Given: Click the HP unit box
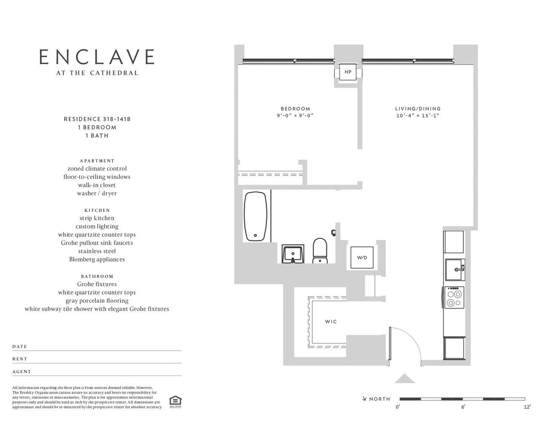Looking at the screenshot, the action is click(348, 72).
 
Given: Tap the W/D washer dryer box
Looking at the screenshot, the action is click(362, 257).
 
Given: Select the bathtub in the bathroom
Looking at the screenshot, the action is click(256, 216).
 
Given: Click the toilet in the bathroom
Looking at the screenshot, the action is click(320, 250).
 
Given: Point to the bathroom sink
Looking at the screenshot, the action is click(293, 254).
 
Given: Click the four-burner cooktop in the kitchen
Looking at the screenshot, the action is click(454, 298).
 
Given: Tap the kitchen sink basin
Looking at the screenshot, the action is click(455, 269).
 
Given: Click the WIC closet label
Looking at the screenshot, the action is click(331, 322).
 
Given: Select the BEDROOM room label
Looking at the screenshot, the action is click(295, 109).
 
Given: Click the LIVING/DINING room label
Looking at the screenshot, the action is click(418, 109).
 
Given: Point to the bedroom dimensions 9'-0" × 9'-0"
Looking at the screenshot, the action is click(295, 115).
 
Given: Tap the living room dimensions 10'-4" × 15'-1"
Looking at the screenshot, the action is click(417, 115).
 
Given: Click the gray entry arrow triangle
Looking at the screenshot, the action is click(405, 378).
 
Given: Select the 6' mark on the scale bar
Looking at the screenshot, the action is click(463, 407).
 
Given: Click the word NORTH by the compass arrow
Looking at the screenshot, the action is click(380, 399).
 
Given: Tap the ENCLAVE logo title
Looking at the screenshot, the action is click(97, 57).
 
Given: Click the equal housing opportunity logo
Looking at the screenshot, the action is click(175, 402).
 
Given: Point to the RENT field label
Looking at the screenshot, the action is click(20, 359).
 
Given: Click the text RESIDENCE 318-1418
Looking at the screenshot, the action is click(97, 119).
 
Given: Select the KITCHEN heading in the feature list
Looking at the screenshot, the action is click(97, 210).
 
